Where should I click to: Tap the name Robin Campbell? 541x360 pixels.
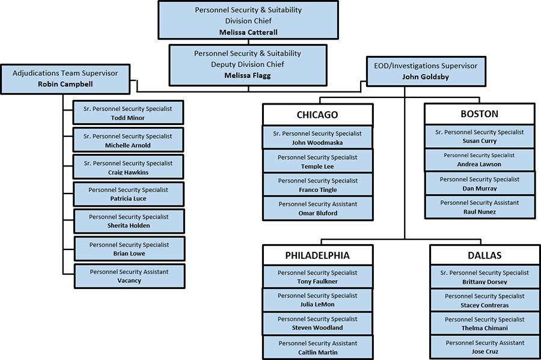point(65,84)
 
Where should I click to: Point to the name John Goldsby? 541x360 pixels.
point(426,76)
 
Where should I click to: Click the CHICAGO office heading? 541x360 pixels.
point(317,115)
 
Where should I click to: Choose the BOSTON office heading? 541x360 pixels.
point(479,114)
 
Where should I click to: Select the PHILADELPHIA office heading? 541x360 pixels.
point(317,255)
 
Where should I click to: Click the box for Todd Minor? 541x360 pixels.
point(128,113)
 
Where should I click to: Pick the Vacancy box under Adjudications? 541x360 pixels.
point(129,276)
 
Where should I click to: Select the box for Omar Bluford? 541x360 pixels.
point(317,208)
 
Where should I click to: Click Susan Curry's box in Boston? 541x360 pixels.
point(479,136)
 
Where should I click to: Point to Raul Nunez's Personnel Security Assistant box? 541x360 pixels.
point(479,207)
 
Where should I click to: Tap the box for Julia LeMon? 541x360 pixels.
point(317,299)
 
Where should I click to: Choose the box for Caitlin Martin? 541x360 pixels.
point(317,347)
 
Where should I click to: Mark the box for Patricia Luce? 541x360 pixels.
point(128,194)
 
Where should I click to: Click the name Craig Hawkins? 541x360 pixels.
point(128,172)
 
